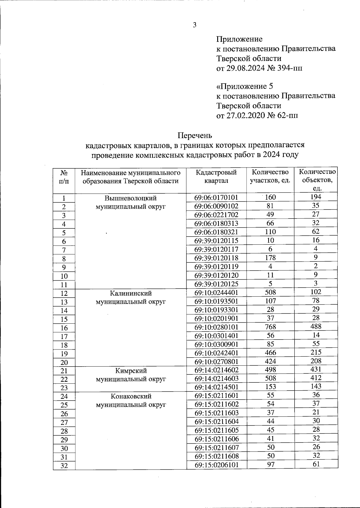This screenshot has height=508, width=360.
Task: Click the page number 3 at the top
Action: (x=194, y=25)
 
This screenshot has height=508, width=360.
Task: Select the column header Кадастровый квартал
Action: (x=216, y=177)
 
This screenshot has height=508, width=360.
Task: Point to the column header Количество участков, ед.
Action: (x=270, y=177)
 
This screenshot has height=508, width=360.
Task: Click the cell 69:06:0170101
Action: (x=216, y=198)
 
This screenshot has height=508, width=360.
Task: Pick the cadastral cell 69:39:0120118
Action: (x=216, y=258)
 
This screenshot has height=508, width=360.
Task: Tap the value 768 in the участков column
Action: (x=270, y=327)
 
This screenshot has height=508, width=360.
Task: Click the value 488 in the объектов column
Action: (x=316, y=326)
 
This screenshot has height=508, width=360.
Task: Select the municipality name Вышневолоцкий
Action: (x=130, y=198)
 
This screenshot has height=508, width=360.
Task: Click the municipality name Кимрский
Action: (x=130, y=371)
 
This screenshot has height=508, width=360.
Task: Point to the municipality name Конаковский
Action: (x=130, y=396)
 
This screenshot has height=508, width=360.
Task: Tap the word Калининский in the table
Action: (x=130, y=293)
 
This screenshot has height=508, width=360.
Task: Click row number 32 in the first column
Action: (x=64, y=466)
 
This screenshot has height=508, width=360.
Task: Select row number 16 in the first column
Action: (x=64, y=328)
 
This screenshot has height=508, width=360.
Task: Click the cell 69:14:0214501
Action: (x=216, y=387)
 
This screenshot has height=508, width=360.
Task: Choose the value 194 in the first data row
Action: (x=316, y=197)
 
